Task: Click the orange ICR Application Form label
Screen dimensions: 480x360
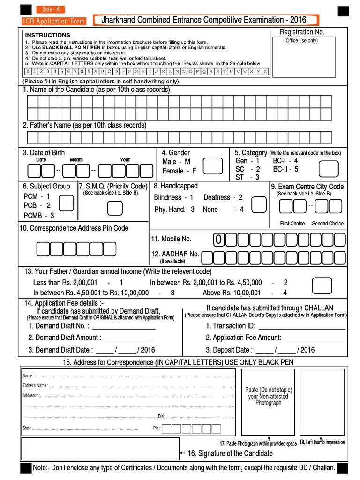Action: tap(54, 21)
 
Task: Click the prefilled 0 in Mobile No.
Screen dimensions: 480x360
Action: tap(218, 240)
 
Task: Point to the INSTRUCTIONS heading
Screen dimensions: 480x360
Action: tap(47, 35)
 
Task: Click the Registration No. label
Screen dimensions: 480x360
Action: tap(302, 32)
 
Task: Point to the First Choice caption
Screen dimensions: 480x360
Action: tap(292, 224)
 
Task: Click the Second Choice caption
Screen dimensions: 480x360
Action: tap(328, 224)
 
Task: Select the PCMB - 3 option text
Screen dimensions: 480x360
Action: tap(39, 216)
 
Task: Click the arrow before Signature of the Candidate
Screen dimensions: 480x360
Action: tap(183, 454)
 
